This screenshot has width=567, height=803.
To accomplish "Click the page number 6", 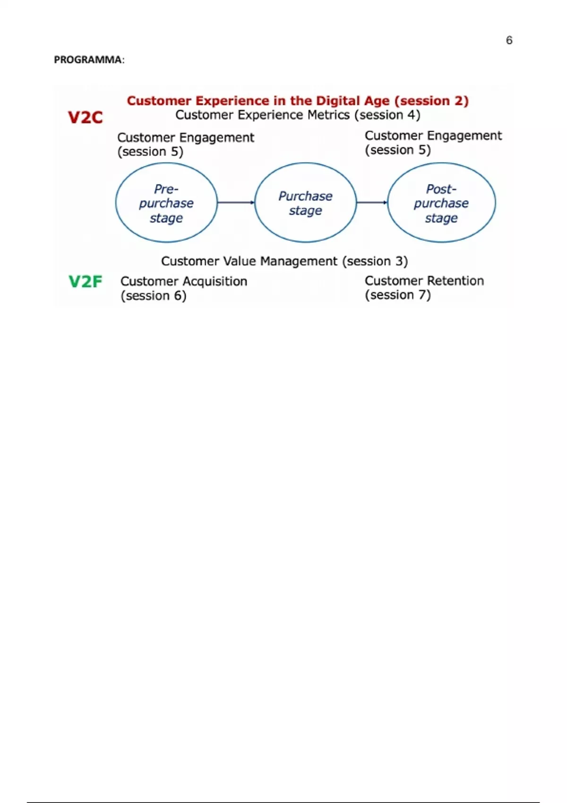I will click(509, 41).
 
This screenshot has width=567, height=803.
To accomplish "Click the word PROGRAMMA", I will click(88, 60).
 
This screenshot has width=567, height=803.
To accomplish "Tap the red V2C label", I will click(85, 118).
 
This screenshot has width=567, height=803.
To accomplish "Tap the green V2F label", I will click(85, 282).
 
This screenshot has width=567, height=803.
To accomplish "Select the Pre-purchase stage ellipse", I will click(166, 203).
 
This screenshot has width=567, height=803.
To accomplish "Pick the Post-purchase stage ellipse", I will click(441, 203).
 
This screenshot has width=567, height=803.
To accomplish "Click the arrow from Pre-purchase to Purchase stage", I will click(236, 203).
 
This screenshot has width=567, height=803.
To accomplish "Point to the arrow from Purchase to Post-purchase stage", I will click(372, 203).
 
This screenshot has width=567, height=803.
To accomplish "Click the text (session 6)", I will click(154, 296).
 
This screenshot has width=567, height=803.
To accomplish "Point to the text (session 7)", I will click(398, 295).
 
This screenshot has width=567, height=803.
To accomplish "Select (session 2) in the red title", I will click(431, 101).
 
